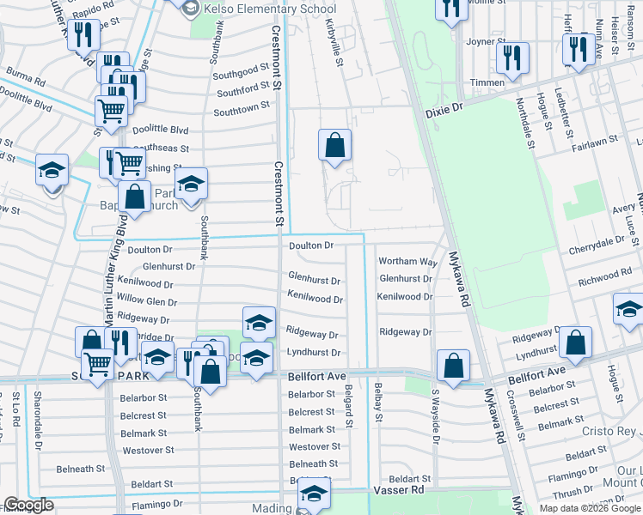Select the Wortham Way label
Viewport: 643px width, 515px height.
pyautogui.click(x=408, y=261)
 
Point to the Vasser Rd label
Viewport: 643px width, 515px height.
pyautogui.click(x=399, y=489)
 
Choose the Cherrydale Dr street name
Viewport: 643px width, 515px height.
pyautogui.click(x=598, y=246)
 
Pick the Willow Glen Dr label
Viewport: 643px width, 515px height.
pyautogui.click(x=147, y=302)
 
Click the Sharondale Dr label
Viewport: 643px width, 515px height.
pyautogui.click(x=37, y=421)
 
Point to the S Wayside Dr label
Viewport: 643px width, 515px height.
pyautogui.click(x=436, y=421)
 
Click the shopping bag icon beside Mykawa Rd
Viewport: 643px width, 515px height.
pyautogui.click(x=453, y=365)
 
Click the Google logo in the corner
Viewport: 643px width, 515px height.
pyautogui.click(x=28, y=505)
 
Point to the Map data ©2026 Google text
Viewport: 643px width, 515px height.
pyautogui.click(x=590, y=508)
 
